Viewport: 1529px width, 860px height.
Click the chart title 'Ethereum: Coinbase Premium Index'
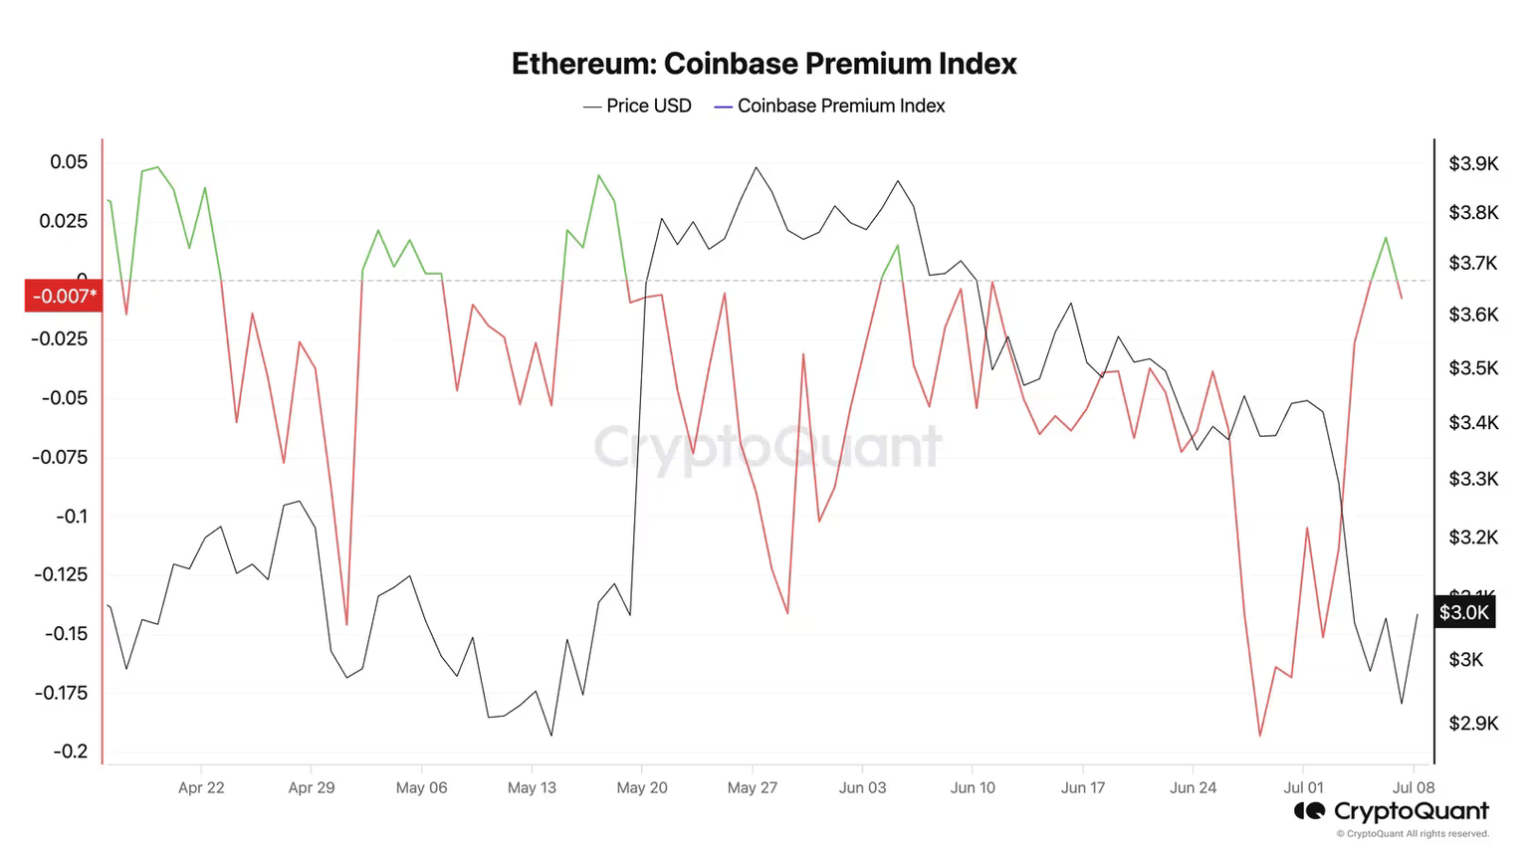point(764,64)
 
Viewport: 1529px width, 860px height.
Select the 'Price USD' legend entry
point(637,106)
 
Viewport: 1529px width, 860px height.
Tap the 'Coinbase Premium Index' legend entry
point(830,106)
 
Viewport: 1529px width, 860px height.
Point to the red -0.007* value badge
point(64,296)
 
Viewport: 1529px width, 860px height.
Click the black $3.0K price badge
point(1463,612)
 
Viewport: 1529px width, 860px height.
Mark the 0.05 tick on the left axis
point(69,162)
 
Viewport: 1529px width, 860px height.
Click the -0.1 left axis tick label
point(71,516)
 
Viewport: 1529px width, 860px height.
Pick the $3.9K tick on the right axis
point(1472,163)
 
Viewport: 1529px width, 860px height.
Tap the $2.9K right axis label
point(1472,723)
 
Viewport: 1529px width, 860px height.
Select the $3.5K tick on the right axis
point(1472,368)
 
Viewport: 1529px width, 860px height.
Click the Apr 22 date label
point(201,787)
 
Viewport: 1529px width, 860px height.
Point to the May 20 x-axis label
point(642,787)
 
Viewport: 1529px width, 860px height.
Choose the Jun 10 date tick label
point(973,787)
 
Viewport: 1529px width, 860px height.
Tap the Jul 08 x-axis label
point(1413,787)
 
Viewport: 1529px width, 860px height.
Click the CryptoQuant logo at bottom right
point(1391,811)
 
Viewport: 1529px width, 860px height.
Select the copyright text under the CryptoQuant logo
point(1413,834)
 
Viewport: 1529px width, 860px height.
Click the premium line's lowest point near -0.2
point(1260,737)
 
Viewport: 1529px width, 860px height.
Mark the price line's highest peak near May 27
point(757,167)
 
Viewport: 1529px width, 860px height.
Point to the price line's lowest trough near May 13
point(551,736)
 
